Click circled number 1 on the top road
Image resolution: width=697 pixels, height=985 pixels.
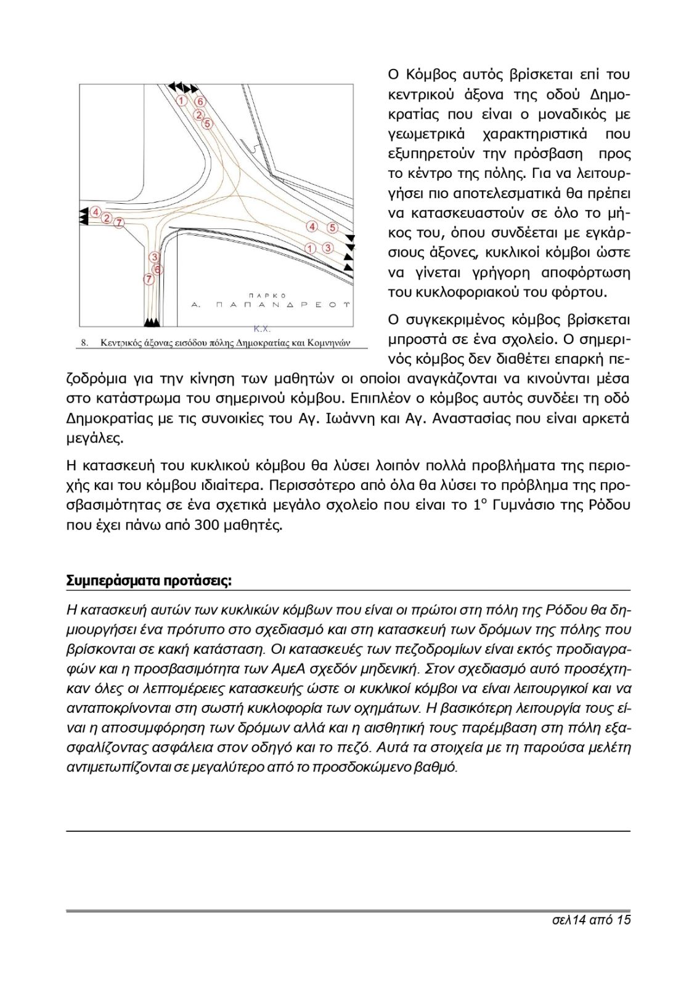(182, 100)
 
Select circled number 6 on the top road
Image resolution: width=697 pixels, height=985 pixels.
(200, 102)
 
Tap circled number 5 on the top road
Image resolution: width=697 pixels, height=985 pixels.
(207, 124)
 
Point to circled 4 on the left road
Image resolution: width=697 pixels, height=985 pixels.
(96, 212)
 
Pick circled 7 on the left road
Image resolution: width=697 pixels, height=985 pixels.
(119, 222)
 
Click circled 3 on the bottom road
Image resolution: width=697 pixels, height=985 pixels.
(154, 257)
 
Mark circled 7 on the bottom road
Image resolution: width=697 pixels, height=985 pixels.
(149, 279)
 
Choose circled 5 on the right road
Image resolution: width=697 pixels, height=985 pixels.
(332, 228)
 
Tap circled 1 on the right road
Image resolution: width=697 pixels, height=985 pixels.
(311, 248)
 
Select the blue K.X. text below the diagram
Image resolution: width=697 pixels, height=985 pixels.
(262, 329)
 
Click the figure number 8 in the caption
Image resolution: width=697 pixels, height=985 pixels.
(84, 343)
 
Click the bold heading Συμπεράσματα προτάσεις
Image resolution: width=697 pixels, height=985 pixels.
(149, 581)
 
